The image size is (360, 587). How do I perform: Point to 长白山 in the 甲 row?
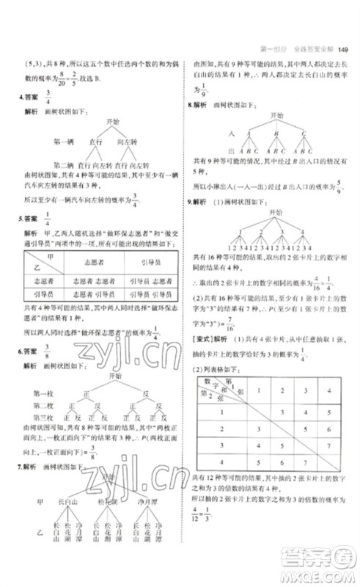point(67,501)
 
